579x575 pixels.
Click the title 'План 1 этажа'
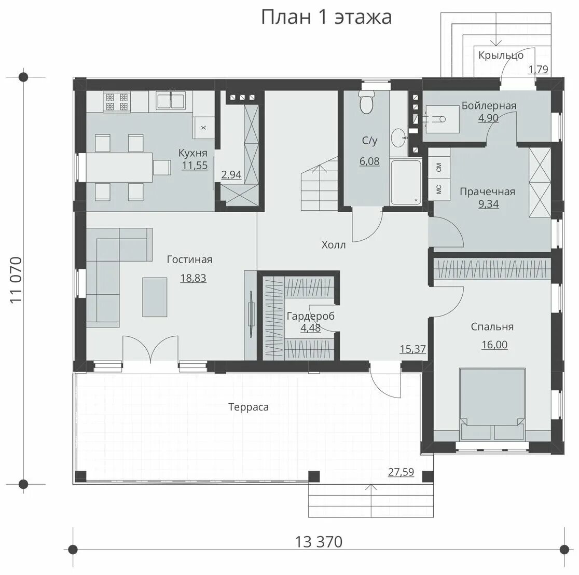(x=326, y=17)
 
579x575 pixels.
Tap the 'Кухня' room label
(x=193, y=153)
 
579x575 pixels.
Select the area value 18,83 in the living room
(x=193, y=278)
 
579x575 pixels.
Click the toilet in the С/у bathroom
(x=367, y=103)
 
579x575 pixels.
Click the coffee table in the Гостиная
(x=155, y=297)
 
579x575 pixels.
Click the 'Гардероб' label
(x=310, y=316)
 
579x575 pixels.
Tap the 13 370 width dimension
(x=319, y=542)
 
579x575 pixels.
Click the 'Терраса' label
(x=249, y=407)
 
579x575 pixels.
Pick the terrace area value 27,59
(x=401, y=472)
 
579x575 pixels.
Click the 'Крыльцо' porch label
(x=501, y=56)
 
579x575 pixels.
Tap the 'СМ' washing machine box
(x=439, y=168)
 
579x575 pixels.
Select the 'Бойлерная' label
(x=489, y=106)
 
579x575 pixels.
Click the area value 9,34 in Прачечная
(x=488, y=204)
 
